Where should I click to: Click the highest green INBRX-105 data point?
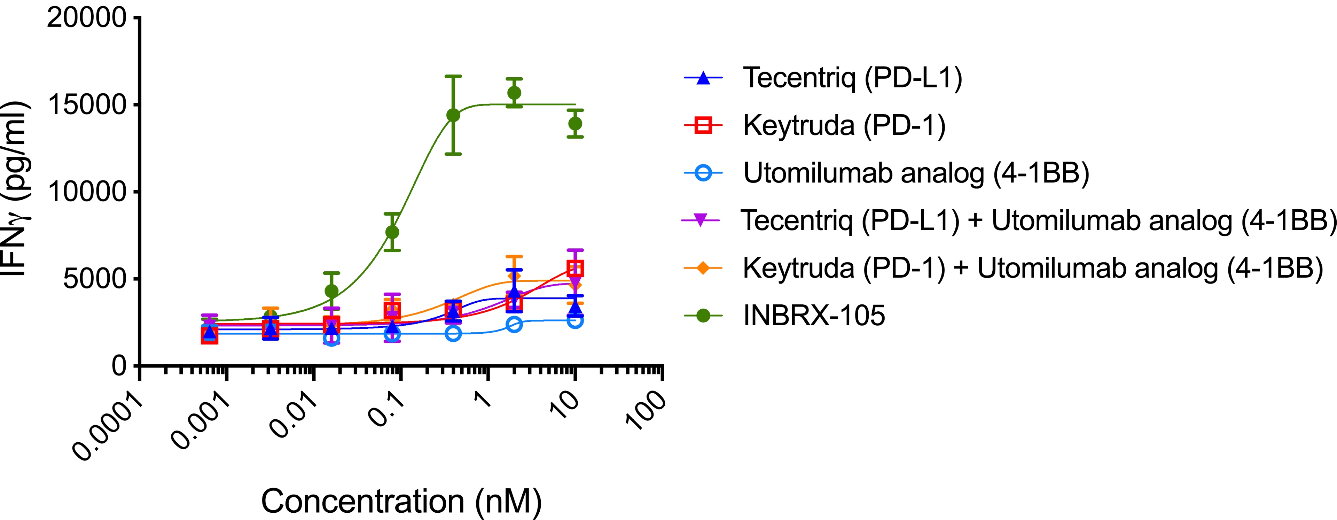pyautogui.click(x=514, y=93)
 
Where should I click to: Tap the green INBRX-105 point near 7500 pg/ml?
pyautogui.click(x=392, y=232)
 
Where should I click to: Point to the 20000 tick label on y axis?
pyautogui.click(x=87, y=18)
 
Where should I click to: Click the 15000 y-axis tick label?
pyautogui.click(x=87, y=105)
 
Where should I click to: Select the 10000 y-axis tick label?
pyautogui.click(x=87, y=192)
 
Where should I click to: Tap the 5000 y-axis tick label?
pyautogui.click(x=94, y=279)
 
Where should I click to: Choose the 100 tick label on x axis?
pyautogui.click(x=645, y=410)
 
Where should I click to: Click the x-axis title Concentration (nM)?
pyautogui.click(x=401, y=501)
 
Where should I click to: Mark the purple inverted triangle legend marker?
pyautogui.click(x=701, y=220)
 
